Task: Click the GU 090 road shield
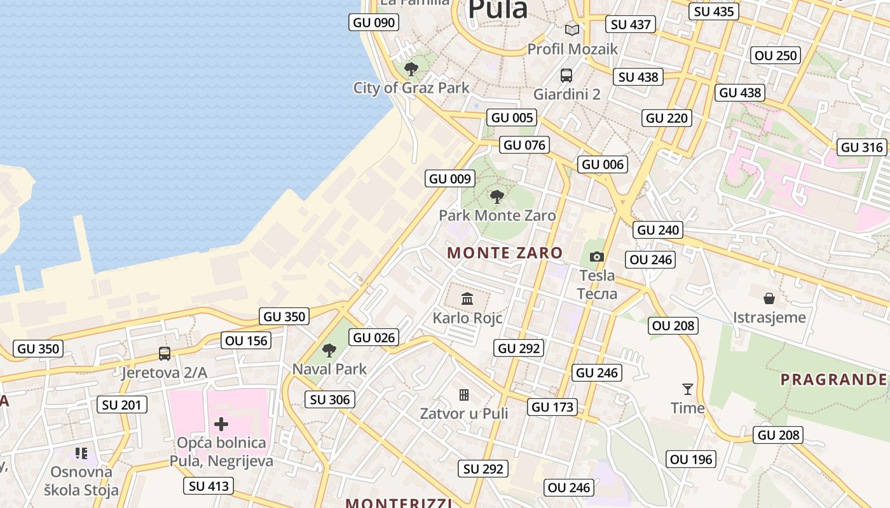click(x=374, y=23)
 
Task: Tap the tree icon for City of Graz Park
click(x=411, y=69)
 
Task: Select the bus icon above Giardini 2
click(x=566, y=76)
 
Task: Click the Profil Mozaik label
click(x=572, y=49)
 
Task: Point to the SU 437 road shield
click(x=630, y=25)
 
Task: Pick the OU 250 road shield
click(x=776, y=55)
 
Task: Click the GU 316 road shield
click(x=862, y=147)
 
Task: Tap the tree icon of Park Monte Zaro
click(x=497, y=196)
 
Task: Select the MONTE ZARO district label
click(x=505, y=253)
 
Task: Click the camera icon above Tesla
click(x=596, y=257)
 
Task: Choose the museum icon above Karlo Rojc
click(x=467, y=298)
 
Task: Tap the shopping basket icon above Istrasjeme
click(x=769, y=298)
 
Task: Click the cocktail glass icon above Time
click(x=687, y=389)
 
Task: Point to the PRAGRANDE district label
click(x=833, y=380)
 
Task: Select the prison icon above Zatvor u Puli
click(x=464, y=395)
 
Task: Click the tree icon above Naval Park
click(x=329, y=350)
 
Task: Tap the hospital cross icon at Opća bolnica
click(x=221, y=424)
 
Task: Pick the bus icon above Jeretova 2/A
click(x=165, y=354)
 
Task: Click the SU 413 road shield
click(x=209, y=486)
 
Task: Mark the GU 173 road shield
click(x=552, y=407)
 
